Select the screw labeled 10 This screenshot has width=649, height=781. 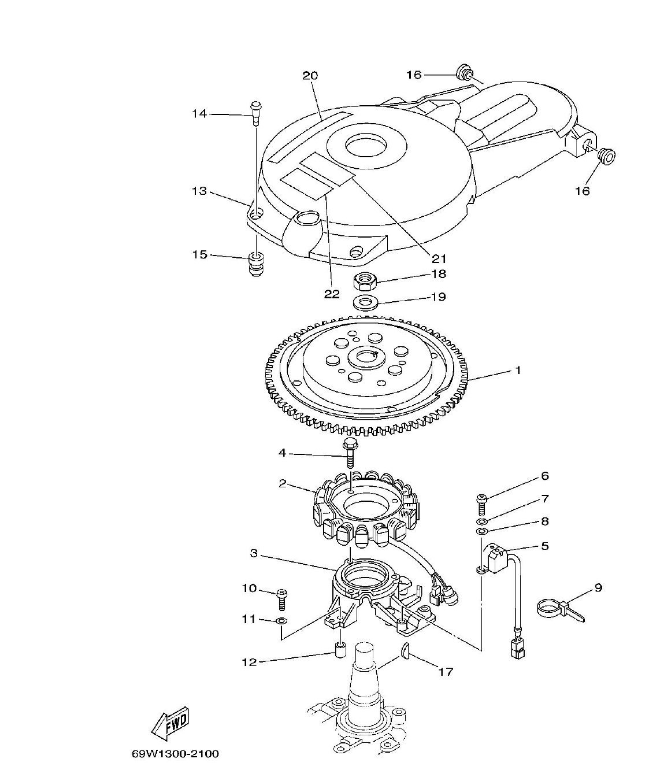click(x=282, y=598)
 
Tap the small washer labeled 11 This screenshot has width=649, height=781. click(x=281, y=621)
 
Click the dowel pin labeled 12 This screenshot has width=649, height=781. click(x=342, y=652)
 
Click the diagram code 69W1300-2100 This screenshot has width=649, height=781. click(x=175, y=754)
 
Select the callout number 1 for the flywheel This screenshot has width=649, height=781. click(x=518, y=370)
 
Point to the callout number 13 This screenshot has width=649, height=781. click(x=199, y=191)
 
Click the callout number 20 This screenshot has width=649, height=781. click(x=310, y=75)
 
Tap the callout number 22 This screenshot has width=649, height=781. click(x=331, y=294)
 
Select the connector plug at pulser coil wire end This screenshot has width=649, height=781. click(x=516, y=651)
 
